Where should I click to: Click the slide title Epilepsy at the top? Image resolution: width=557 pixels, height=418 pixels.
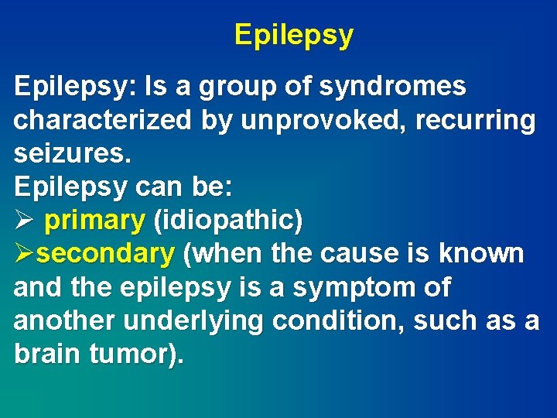click(x=294, y=36)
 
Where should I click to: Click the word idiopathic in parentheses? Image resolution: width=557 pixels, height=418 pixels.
click(x=228, y=221)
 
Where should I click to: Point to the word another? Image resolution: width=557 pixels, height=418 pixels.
click(x=60, y=320)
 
